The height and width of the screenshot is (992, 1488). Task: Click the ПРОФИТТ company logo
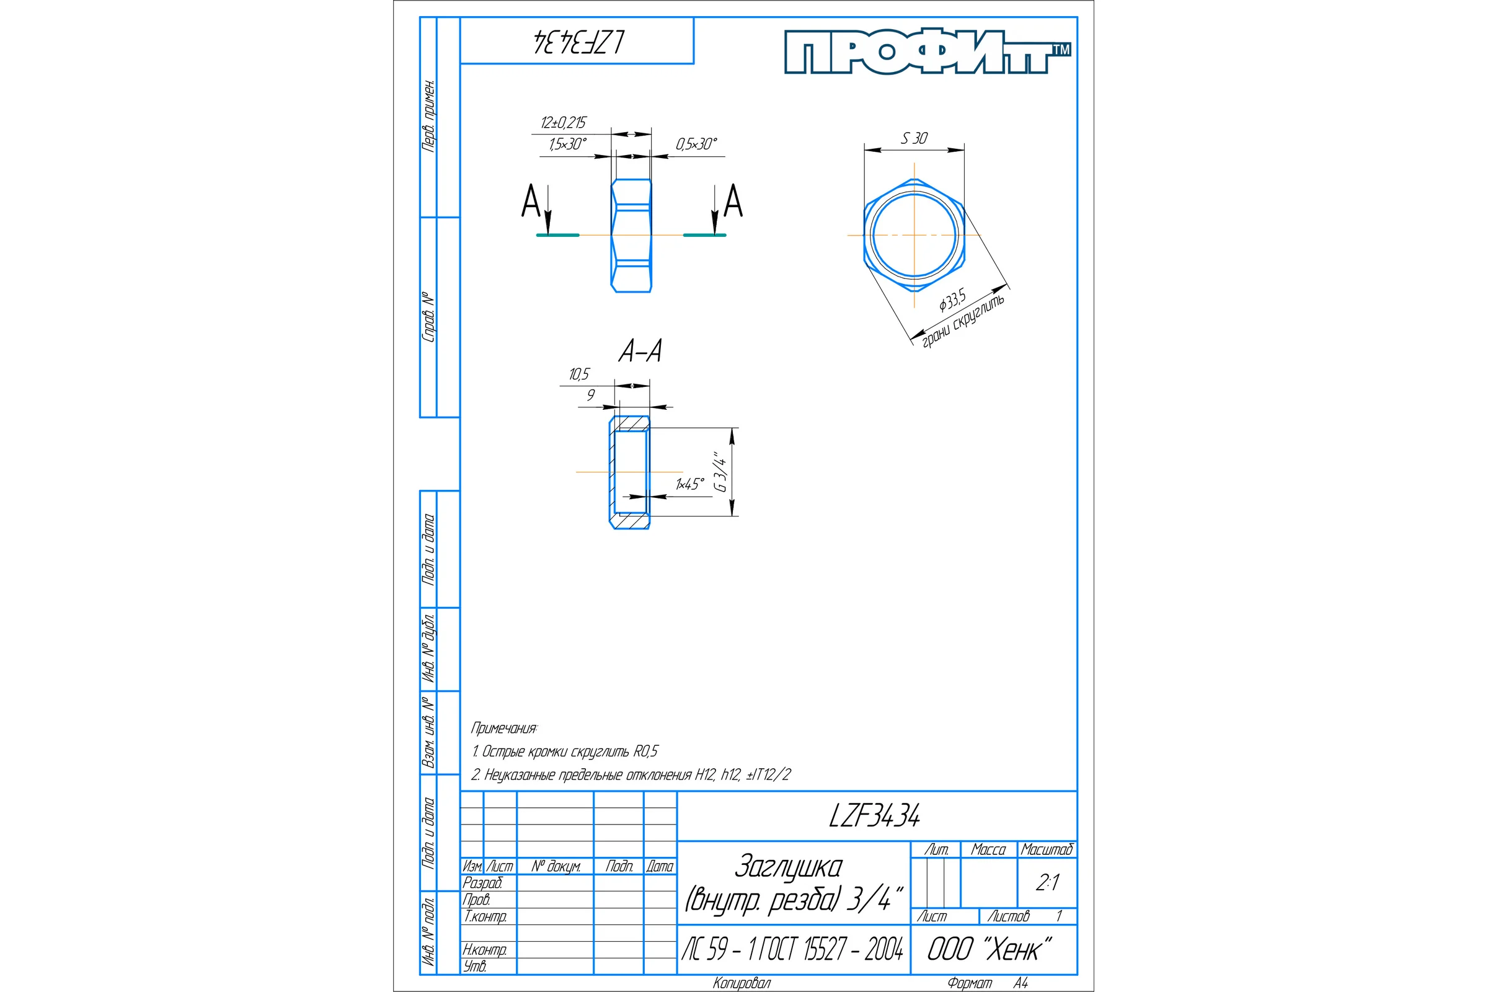point(928,51)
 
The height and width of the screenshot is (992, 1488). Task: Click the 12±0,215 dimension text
point(563,123)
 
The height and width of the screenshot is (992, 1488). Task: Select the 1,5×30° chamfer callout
point(567,144)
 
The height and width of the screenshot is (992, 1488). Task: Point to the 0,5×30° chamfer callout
point(696,144)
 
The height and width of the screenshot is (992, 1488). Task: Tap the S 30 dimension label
point(914,138)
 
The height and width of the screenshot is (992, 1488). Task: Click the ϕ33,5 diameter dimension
point(953,299)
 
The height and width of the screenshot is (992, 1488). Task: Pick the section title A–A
point(640,351)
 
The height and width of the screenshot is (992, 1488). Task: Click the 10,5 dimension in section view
point(579,374)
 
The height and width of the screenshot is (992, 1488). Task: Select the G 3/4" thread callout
point(720,471)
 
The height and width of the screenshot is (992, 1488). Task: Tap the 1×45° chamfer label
point(689,484)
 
